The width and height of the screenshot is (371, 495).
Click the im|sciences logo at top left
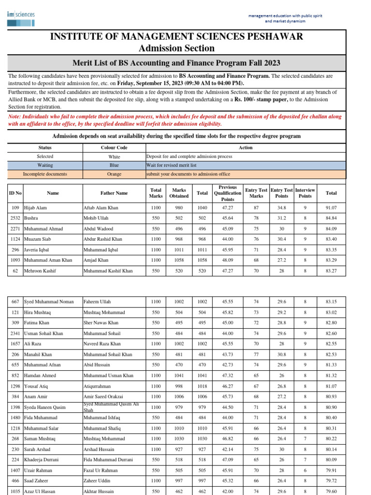click(x=21, y=15)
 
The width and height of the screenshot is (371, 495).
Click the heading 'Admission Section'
click(x=176, y=48)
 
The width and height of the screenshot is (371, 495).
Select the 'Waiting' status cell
click(x=45, y=165)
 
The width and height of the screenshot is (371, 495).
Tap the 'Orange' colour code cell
click(x=114, y=174)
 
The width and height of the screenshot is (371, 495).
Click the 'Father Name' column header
click(x=114, y=193)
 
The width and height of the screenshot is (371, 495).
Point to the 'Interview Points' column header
click(x=305, y=193)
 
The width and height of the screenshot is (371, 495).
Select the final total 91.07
click(x=331, y=207)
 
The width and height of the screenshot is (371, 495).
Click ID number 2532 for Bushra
click(x=15, y=218)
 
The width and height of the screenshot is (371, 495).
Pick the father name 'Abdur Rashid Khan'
click(x=103, y=239)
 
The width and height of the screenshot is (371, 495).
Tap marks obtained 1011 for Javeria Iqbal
click(x=179, y=250)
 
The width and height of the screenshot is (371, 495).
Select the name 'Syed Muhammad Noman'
click(x=49, y=302)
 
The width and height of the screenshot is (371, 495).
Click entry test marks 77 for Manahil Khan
click(x=256, y=355)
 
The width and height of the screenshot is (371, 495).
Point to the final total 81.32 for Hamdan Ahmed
click(x=331, y=376)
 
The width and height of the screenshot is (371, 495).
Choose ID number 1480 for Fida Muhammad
click(x=15, y=418)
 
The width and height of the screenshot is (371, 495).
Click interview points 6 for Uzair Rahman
click(x=305, y=470)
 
